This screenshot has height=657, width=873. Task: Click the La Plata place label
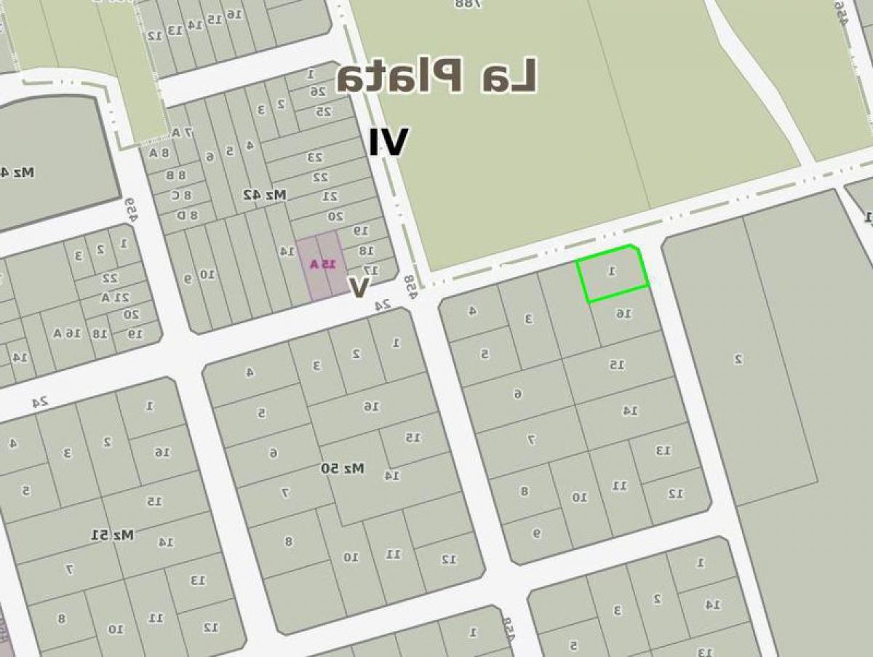pos(437,76)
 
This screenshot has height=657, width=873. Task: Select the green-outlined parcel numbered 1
pos(612,274)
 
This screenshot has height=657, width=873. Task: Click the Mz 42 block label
pos(265,195)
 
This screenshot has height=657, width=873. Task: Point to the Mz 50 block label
pos(342,469)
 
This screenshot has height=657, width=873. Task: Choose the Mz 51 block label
pos(113,535)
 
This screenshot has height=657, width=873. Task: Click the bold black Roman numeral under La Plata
pos(388,142)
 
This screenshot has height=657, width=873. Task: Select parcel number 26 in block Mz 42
pos(318,92)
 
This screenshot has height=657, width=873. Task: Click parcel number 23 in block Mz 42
pos(314,157)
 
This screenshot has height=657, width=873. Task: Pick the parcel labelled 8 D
pos(188,215)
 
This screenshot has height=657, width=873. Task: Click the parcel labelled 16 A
pos(65,333)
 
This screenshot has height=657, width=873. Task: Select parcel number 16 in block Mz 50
pos(372,407)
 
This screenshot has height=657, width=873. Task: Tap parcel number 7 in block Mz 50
pos(286,493)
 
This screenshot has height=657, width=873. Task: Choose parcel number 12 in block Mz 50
pos(449,559)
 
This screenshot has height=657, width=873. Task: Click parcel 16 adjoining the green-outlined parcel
pos(623,314)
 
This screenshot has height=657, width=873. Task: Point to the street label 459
pos(130,210)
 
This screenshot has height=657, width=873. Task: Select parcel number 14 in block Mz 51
pos(165,542)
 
